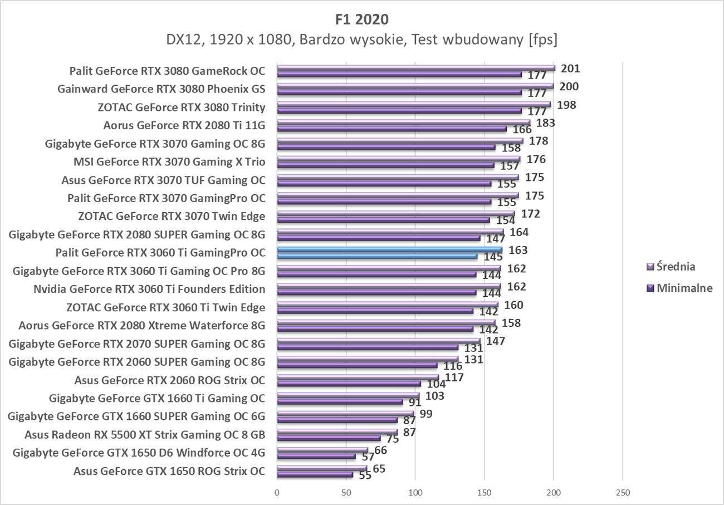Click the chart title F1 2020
tap(362, 19)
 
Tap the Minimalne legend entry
tap(679, 288)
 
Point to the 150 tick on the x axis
tap(484, 493)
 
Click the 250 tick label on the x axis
tap(623, 493)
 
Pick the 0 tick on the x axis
tap(277, 493)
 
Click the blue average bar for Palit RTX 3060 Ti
tap(389, 249)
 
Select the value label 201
tap(570, 69)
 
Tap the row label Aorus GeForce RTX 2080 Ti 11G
tap(184, 125)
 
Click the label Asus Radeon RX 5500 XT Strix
tap(145, 434)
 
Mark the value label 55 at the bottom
tap(365, 475)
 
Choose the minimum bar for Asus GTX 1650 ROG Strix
tap(315, 475)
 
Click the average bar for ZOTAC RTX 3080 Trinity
tap(413, 105)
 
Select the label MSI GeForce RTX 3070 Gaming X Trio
tap(169, 162)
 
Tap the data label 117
tap(454, 377)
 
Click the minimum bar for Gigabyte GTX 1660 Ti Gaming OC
tap(340, 401)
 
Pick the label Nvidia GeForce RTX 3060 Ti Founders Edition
tap(149, 289)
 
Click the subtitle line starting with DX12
tap(362, 40)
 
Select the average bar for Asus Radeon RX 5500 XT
tap(337, 431)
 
